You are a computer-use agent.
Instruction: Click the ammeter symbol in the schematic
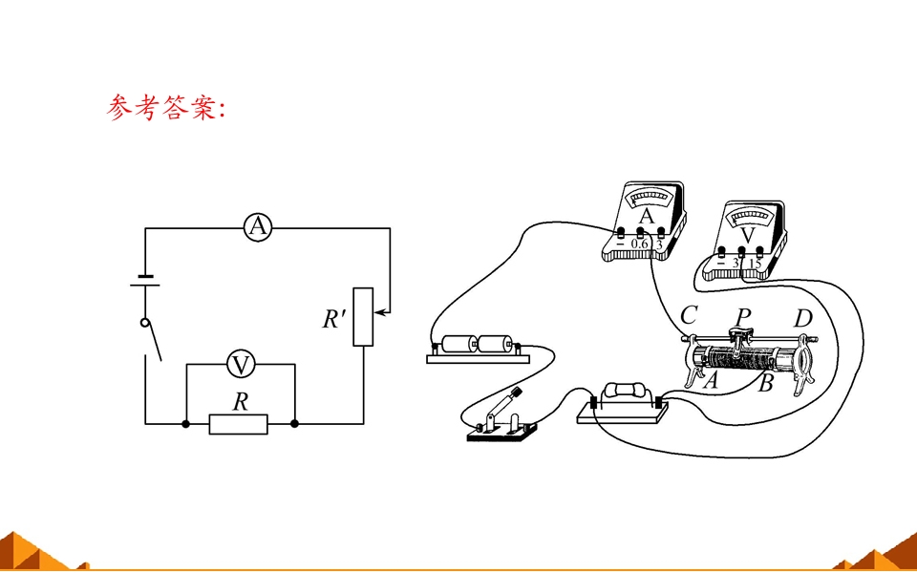coord(257,227)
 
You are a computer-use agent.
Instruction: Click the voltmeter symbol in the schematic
coord(241,364)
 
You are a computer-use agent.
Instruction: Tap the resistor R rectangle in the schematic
coord(239,424)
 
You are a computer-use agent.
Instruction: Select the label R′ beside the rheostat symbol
coord(334,319)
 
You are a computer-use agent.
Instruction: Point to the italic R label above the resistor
coord(240,402)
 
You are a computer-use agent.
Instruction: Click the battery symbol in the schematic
coord(144,281)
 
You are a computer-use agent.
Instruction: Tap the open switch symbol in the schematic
coord(152,339)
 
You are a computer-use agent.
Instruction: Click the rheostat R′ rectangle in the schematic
coord(363,317)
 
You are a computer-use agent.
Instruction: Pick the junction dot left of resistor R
coord(186,424)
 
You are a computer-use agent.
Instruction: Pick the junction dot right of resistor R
coord(295,424)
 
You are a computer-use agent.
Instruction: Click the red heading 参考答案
coord(165,109)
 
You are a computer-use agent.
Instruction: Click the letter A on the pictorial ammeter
coord(647,217)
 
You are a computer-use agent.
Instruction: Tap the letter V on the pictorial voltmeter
coord(748,235)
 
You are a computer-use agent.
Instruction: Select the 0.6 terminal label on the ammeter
coord(640,244)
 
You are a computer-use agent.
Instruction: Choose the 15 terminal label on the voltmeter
coord(755,264)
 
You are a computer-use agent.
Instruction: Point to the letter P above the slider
coord(743,317)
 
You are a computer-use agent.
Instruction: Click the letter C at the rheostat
coord(689,316)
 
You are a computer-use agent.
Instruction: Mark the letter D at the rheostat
coord(803,319)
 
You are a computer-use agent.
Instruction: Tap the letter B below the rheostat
coord(765,384)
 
